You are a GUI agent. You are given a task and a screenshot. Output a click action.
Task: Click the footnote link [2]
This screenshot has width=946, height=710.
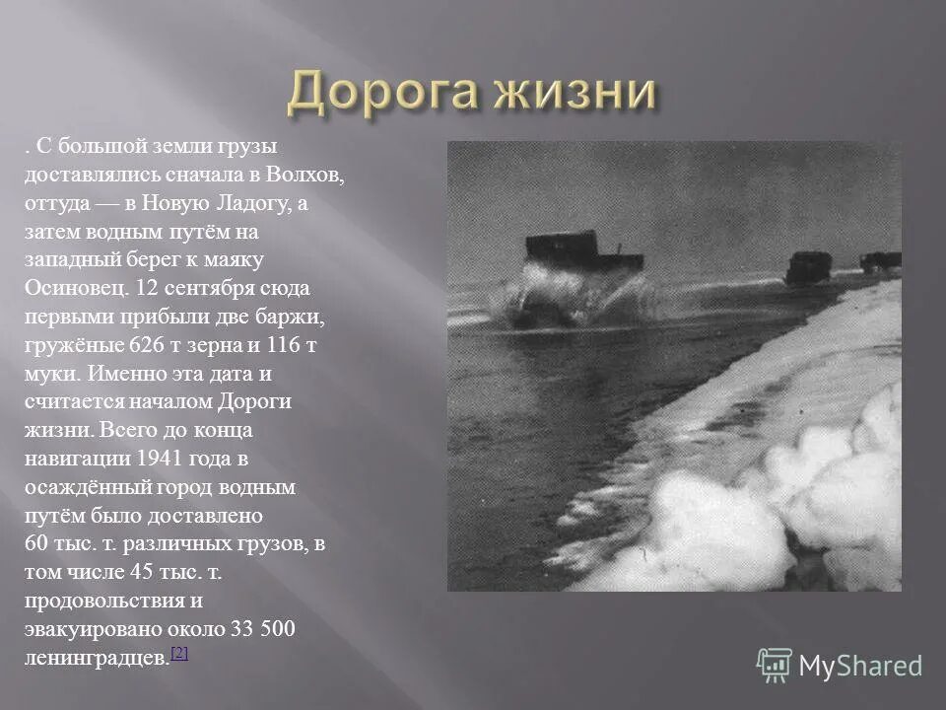point(178,654)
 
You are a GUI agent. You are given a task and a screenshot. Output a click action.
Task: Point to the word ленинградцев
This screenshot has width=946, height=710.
point(97,659)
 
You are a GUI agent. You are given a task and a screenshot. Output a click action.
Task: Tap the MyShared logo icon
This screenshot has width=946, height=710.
point(774,665)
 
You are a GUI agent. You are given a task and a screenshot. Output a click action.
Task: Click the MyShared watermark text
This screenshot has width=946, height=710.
point(860,666)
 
